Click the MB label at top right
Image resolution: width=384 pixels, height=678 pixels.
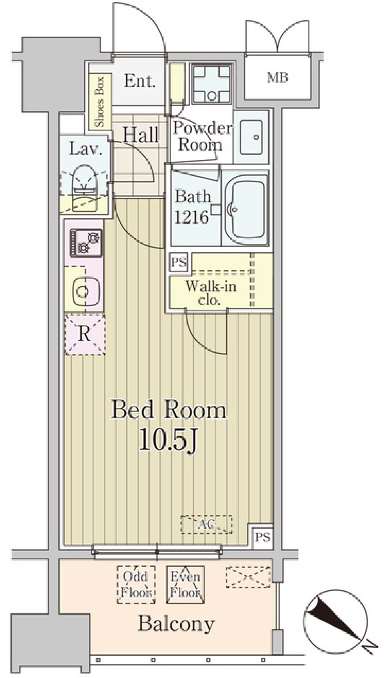coord(278,77)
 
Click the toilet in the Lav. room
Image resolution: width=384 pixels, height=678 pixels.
coord(84,182)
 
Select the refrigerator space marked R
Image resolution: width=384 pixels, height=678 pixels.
coord(85,334)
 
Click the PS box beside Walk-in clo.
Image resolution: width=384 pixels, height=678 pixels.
coord(178,262)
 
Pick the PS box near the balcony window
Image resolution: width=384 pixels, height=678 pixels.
coord(263,537)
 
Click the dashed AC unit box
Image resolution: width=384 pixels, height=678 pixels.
coord(206,524)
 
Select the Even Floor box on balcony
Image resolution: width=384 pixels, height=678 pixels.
coord(185,584)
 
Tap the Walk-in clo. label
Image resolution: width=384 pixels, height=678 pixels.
coord(210,293)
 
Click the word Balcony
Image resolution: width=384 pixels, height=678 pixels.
coord(176,624)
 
